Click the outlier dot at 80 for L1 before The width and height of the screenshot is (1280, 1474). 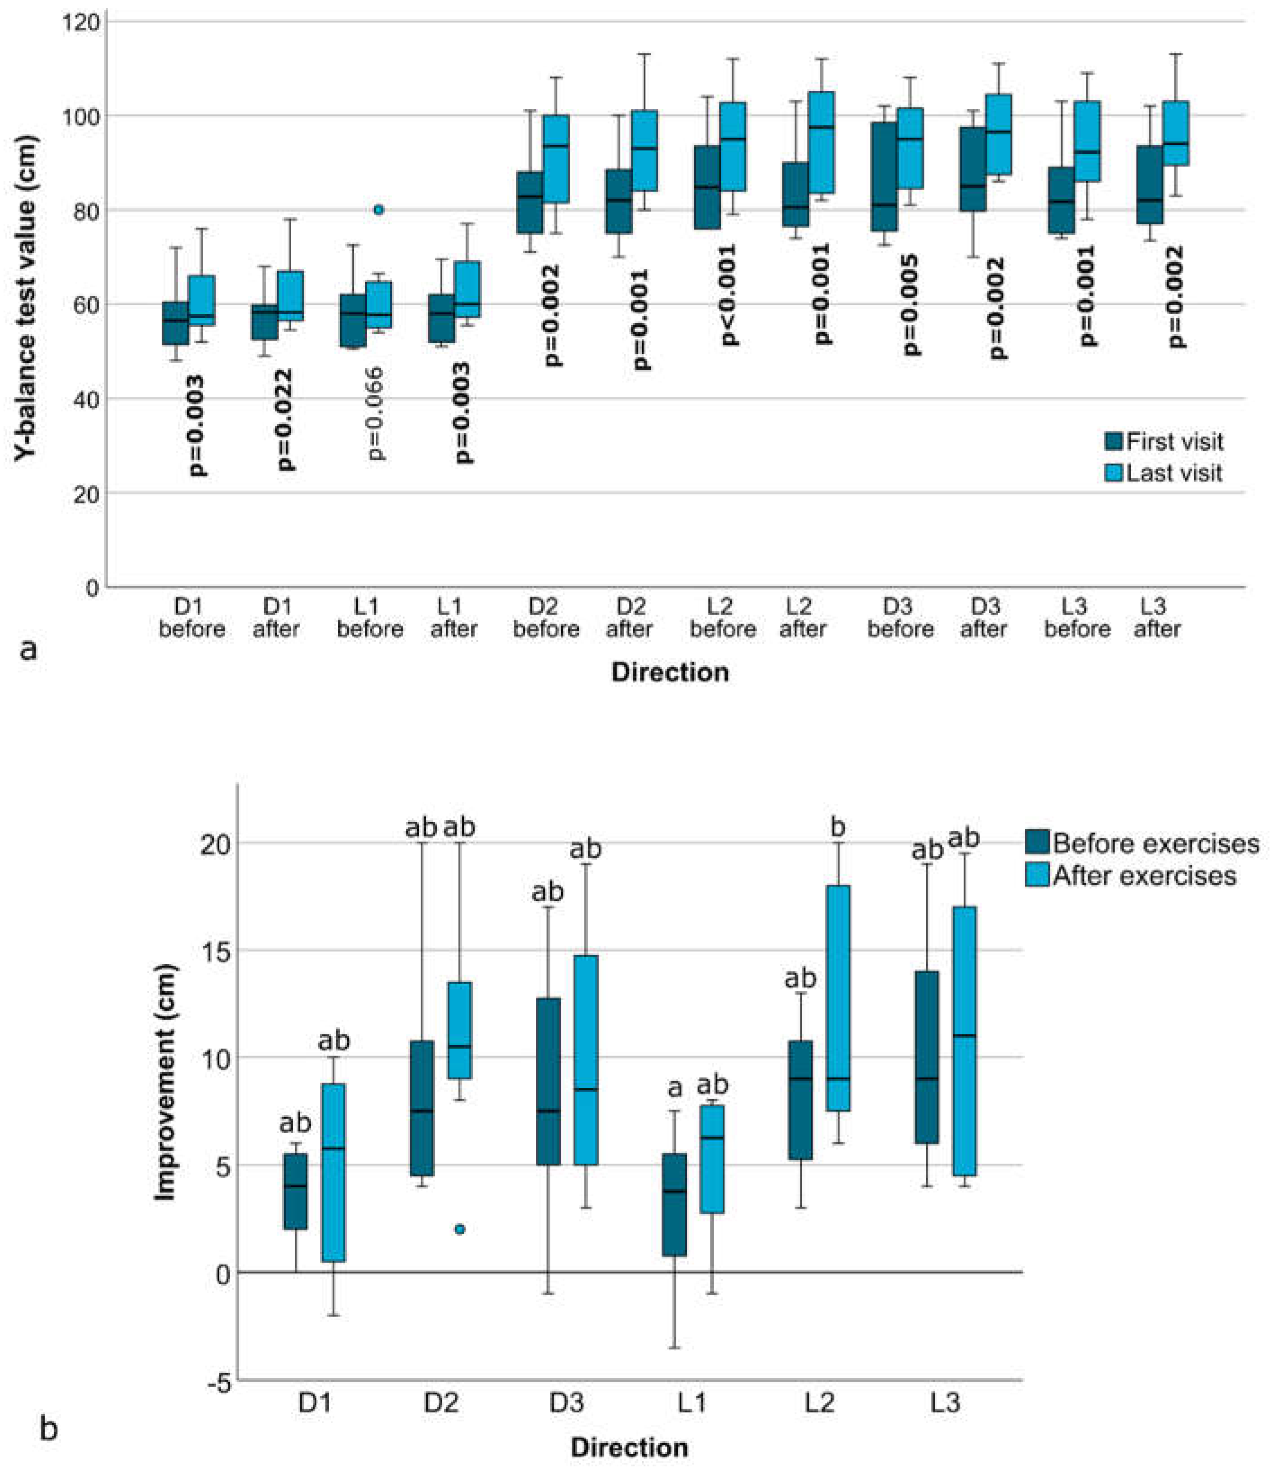click(378, 209)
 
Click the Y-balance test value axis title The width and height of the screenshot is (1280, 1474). click(27, 298)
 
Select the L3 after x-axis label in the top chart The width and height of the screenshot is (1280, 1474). click(1157, 618)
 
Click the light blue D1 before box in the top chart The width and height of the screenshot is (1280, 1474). click(201, 300)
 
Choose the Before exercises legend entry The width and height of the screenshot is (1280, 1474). click(1143, 843)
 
